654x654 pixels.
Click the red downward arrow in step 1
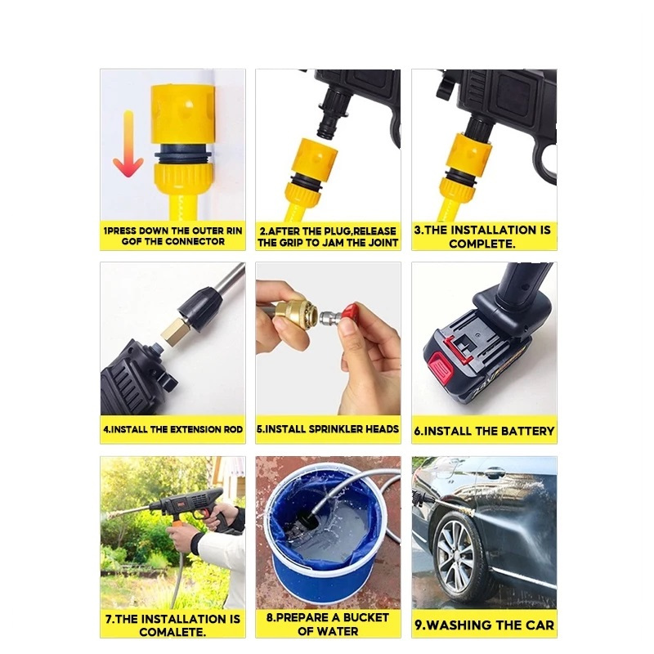128,144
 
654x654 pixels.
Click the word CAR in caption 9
540,625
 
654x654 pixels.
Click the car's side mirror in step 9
495,473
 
